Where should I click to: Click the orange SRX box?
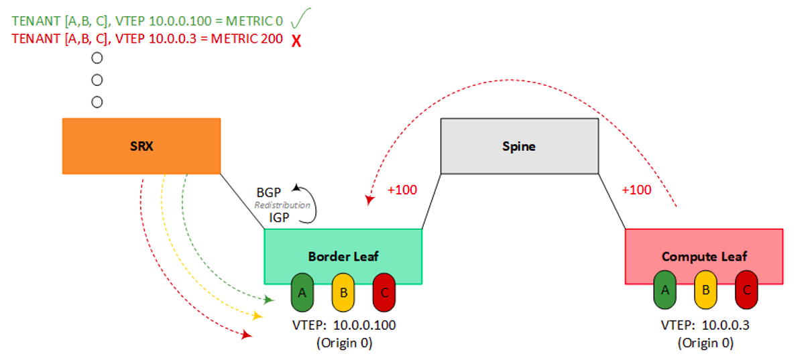coord(141,146)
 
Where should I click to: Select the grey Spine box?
coord(520,146)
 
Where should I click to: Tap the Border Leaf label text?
coord(343,257)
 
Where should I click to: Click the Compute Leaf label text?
coord(704,257)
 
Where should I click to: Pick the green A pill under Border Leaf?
coord(302,292)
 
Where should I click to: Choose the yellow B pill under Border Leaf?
coord(343,292)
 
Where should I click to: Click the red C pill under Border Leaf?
coord(384,292)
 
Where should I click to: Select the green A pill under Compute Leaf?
coord(665,290)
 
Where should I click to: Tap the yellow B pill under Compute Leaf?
coord(705,290)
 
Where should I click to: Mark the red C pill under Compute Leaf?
coord(746,290)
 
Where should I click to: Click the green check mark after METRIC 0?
coord(300,18)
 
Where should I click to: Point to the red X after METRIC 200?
coord(296,41)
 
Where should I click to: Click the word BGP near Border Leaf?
coord(268,192)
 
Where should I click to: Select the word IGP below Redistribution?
coord(279,217)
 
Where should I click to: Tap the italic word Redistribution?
coord(282,205)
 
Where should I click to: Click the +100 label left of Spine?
coord(402,190)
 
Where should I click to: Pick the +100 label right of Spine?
coord(636,190)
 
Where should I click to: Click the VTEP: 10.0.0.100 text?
coord(344,325)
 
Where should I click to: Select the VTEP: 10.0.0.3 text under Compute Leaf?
coord(705,325)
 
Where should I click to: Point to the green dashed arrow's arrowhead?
coord(269,300)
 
